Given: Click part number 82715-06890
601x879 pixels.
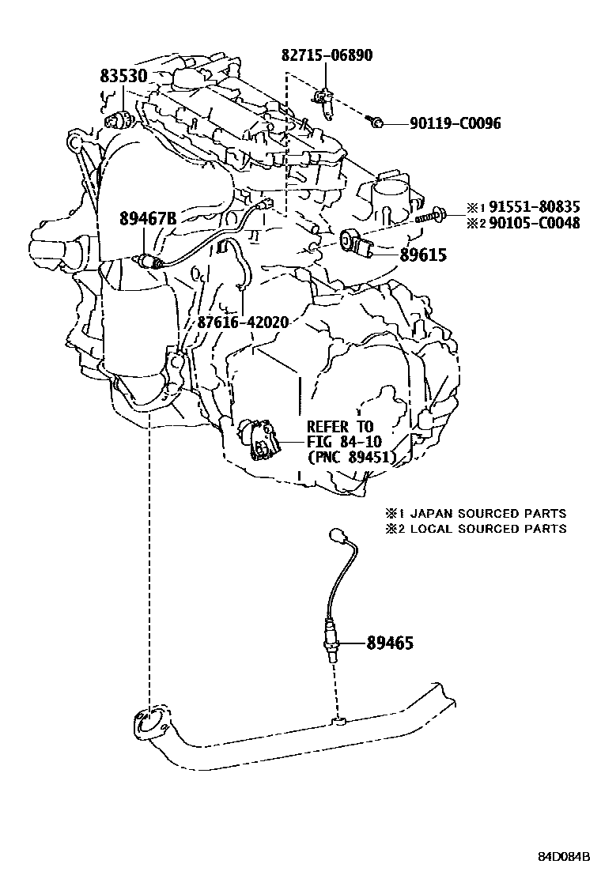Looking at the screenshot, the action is point(327,55).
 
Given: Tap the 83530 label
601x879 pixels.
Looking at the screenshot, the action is point(124,76).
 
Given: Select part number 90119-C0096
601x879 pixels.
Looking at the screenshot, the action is point(455,123).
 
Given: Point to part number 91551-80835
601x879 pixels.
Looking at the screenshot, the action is point(534,207).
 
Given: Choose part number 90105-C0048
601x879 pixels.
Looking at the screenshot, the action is point(534,223).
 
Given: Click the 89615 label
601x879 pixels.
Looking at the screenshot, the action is point(423,255).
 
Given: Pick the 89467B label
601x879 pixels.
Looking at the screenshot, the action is point(147,219).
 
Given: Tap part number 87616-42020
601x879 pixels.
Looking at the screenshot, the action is point(243,323).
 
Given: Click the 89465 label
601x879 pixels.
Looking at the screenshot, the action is point(390,643).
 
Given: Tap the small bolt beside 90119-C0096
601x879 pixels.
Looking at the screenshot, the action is point(376,121).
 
